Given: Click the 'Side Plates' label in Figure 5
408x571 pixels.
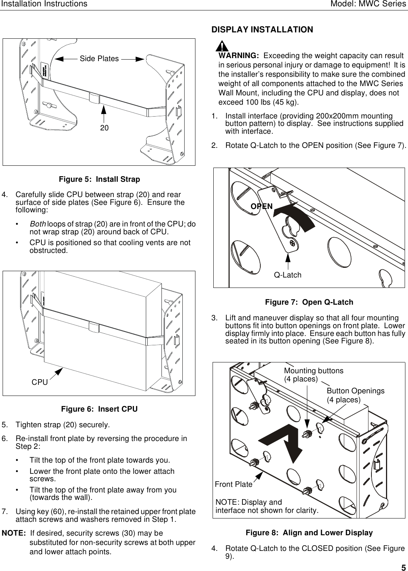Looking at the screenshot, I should click(99, 59).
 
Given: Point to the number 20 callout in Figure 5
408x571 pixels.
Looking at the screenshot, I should click(104, 128).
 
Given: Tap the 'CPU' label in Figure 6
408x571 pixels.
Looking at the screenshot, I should click(40, 383).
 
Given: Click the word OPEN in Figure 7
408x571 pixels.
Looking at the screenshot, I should click(261, 206).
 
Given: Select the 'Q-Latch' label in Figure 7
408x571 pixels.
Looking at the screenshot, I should click(288, 275).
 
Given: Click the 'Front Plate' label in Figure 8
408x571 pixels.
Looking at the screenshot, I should click(233, 485).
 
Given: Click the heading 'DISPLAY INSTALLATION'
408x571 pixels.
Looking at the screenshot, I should click(262, 30).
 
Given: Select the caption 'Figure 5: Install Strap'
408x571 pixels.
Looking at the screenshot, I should click(100, 180).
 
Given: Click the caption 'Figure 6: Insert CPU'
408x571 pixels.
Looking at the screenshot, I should click(99, 409).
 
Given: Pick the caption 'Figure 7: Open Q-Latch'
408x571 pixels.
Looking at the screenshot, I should click(309, 302).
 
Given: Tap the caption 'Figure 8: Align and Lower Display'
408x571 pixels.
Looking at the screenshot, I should click(309, 533).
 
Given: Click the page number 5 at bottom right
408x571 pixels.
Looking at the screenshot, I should click(404, 568).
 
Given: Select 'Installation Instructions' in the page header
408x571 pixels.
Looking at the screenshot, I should click(44, 4).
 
